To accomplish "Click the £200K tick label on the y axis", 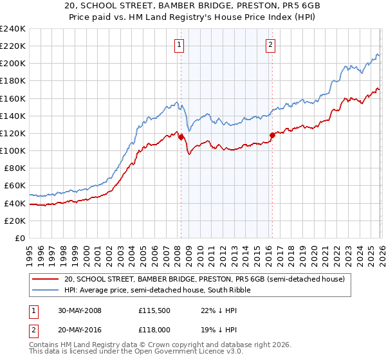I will coord(12,64).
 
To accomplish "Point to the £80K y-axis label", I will coord(14,168).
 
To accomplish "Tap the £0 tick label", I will coord(21,238).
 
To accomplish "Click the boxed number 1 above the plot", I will coord(178,44).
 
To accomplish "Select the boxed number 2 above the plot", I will coord(270,44).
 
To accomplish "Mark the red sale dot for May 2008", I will coord(181,137).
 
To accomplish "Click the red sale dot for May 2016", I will coord(272,135).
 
